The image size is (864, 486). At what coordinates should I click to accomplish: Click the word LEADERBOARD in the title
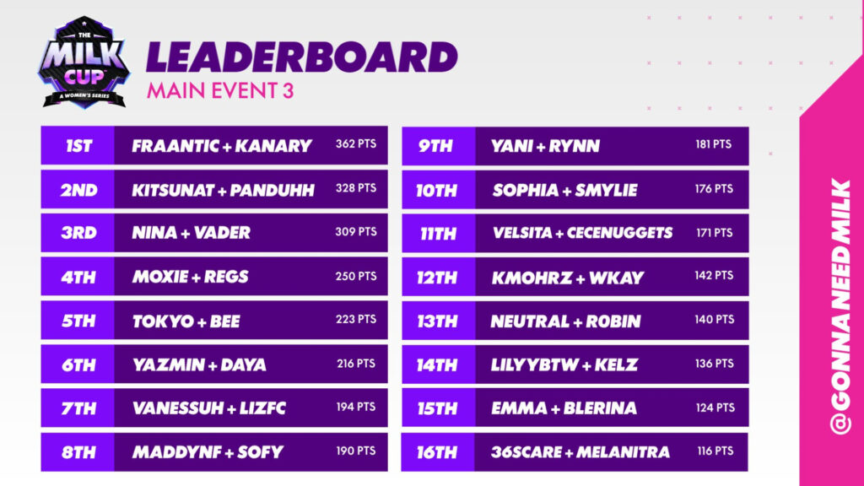tap(302, 57)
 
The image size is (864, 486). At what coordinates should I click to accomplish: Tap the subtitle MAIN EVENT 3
tap(220, 91)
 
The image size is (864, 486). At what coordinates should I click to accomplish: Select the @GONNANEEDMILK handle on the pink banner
tap(840, 307)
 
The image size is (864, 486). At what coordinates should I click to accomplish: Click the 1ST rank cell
tap(78, 146)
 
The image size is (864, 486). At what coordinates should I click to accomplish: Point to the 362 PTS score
tap(355, 144)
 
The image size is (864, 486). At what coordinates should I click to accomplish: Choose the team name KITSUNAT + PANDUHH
tap(223, 190)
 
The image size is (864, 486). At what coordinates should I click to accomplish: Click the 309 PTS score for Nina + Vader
tap(355, 231)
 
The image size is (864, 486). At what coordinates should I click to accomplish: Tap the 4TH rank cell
tap(78, 277)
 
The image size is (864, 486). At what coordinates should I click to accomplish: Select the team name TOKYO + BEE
tap(186, 321)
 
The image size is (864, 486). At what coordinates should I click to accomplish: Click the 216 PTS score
tap(355, 364)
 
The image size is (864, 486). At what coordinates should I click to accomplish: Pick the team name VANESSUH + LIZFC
tap(208, 408)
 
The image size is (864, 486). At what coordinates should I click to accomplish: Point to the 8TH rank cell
tap(78, 452)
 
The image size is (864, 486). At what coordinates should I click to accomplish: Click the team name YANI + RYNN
tap(545, 146)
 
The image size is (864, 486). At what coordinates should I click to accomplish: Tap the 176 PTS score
tap(714, 188)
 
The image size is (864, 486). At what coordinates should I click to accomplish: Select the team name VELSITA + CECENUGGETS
tap(581, 232)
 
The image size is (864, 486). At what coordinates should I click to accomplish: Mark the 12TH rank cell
tap(438, 277)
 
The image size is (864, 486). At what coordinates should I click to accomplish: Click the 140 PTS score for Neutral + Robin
tap(714, 320)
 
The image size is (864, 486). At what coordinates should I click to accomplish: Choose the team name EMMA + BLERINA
tap(564, 408)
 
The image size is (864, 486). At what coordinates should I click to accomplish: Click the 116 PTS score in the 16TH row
tap(714, 451)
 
